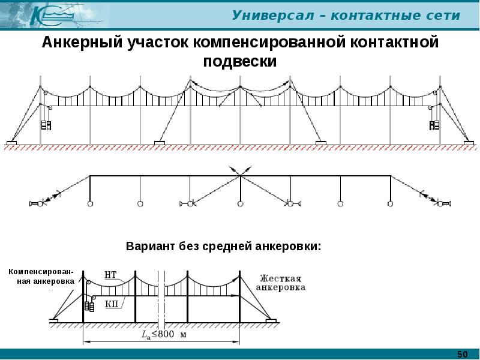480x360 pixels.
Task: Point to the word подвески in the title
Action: click(x=239, y=61)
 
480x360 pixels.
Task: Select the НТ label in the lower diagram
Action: click(x=110, y=276)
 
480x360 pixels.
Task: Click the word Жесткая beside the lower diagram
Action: click(x=280, y=278)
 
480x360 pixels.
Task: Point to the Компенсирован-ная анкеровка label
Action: click(x=41, y=276)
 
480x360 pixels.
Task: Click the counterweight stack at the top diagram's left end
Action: click(x=46, y=125)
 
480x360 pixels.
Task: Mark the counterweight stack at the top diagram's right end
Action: click(x=434, y=125)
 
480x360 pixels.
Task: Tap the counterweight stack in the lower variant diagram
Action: click(x=90, y=305)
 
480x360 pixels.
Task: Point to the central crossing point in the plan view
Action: click(x=240, y=175)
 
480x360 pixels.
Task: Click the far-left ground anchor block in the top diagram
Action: click(x=11, y=143)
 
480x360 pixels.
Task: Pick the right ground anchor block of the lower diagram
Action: click(x=271, y=321)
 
